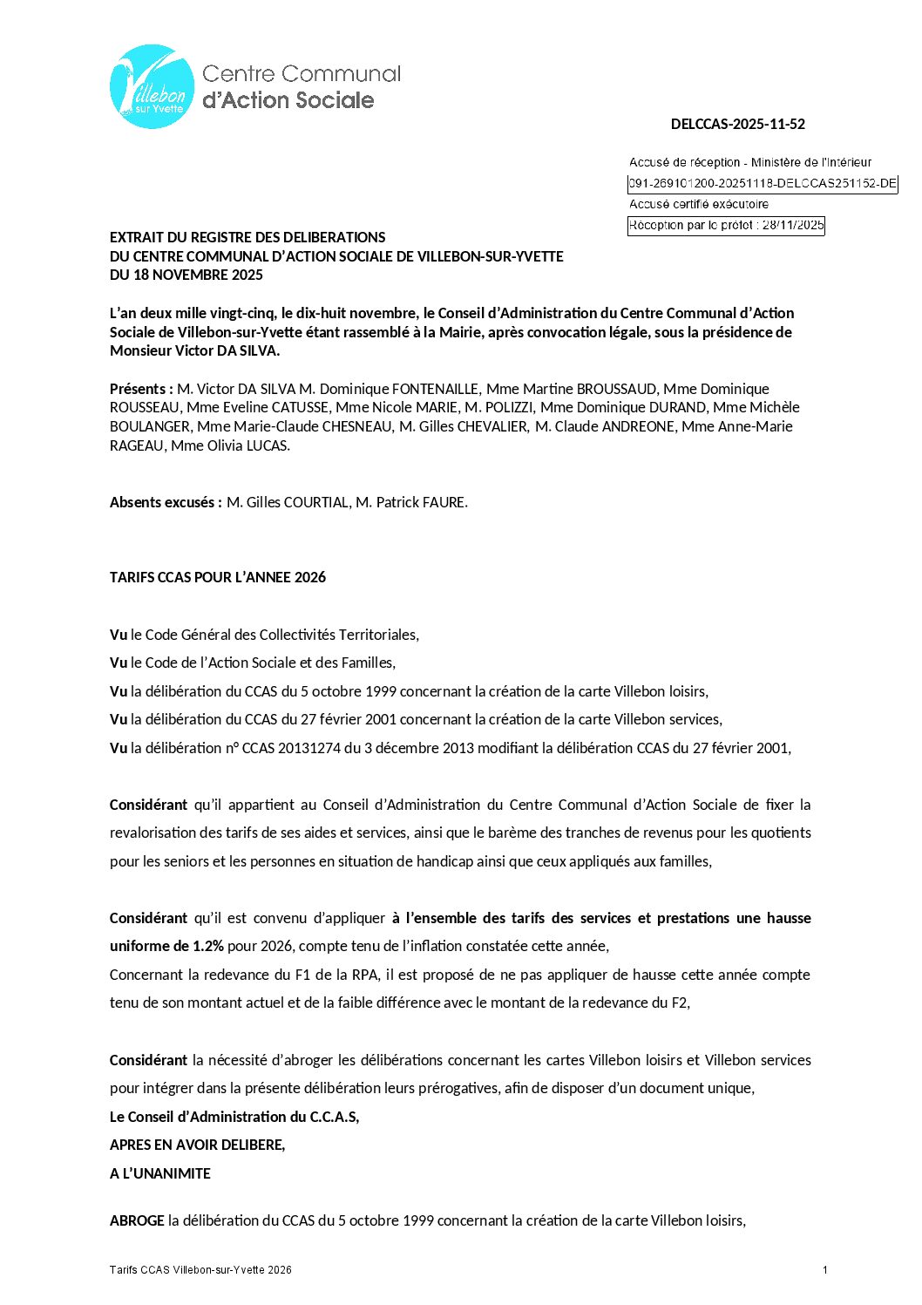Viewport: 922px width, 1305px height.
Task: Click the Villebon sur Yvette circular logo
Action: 153,87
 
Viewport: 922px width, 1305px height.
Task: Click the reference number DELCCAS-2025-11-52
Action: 737,124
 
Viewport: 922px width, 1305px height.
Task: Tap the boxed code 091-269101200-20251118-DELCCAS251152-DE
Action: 763,184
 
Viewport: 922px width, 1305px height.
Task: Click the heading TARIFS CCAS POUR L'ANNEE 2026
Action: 218,577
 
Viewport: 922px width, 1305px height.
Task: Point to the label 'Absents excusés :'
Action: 166,502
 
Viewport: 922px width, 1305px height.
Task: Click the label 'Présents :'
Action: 141,389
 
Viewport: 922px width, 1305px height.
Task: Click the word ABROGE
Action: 137,1220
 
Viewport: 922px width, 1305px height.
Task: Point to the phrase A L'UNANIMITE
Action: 160,1173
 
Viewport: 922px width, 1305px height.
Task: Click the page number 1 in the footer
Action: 824,1270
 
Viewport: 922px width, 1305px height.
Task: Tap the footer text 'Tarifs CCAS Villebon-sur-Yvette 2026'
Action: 200,1270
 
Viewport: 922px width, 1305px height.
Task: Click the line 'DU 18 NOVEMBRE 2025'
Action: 186,275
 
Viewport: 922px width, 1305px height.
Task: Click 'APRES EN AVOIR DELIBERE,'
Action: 198,1145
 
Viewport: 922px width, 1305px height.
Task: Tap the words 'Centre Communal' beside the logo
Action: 302,74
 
